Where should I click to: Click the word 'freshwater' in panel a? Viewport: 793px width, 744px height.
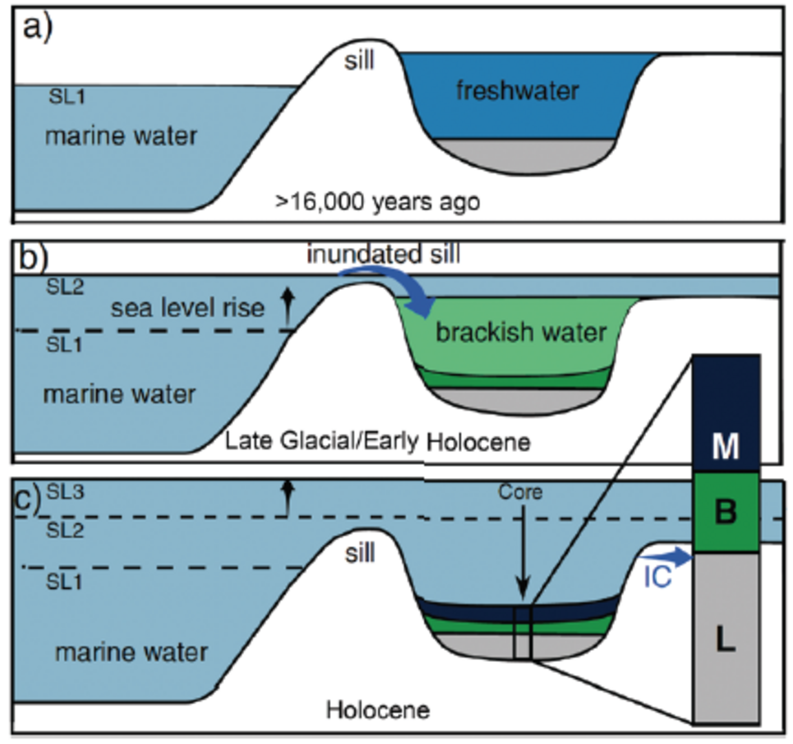pyautogui.click(x=517, y=91)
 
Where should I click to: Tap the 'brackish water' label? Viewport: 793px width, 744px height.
pyautogui.click(x=521, y=332)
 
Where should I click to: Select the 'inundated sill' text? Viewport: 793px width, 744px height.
pyautogui.click(x=383, y=254)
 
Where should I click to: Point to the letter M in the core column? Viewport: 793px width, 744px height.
pyautogui.click(x=725, y=446)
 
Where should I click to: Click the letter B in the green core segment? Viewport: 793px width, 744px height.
pyautogui.click(x=725, y=511)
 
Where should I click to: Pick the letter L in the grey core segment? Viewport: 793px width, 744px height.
pyautogui.click(x=725, y=639)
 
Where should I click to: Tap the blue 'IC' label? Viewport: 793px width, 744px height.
pyautogui.click(x=657, y=577)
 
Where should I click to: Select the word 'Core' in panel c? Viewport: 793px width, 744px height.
pyautogui.click(x=520, y=492)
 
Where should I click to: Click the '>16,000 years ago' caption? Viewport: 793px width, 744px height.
pyautogui.click(x=377, y=202)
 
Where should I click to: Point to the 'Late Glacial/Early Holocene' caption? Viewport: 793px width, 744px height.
pyautogui.click(x=377, y=442)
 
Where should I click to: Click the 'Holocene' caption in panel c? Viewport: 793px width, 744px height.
pyautogui.click(x=378, y=710)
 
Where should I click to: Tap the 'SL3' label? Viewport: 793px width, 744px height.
pyautogui.click(x=66, y=491)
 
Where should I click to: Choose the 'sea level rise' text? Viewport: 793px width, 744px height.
pyautogui.click(x=188, y=308)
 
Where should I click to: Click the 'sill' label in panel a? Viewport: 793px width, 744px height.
pyautogui.click(x=359, y=61)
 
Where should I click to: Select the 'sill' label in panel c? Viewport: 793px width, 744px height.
pyautogui.click(x=359, y=553)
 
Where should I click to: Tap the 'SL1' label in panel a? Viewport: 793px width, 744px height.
pyautogui.click(x=67, y=96)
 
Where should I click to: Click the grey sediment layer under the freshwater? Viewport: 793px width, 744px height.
pyautogui.click(x=526, y=156)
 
